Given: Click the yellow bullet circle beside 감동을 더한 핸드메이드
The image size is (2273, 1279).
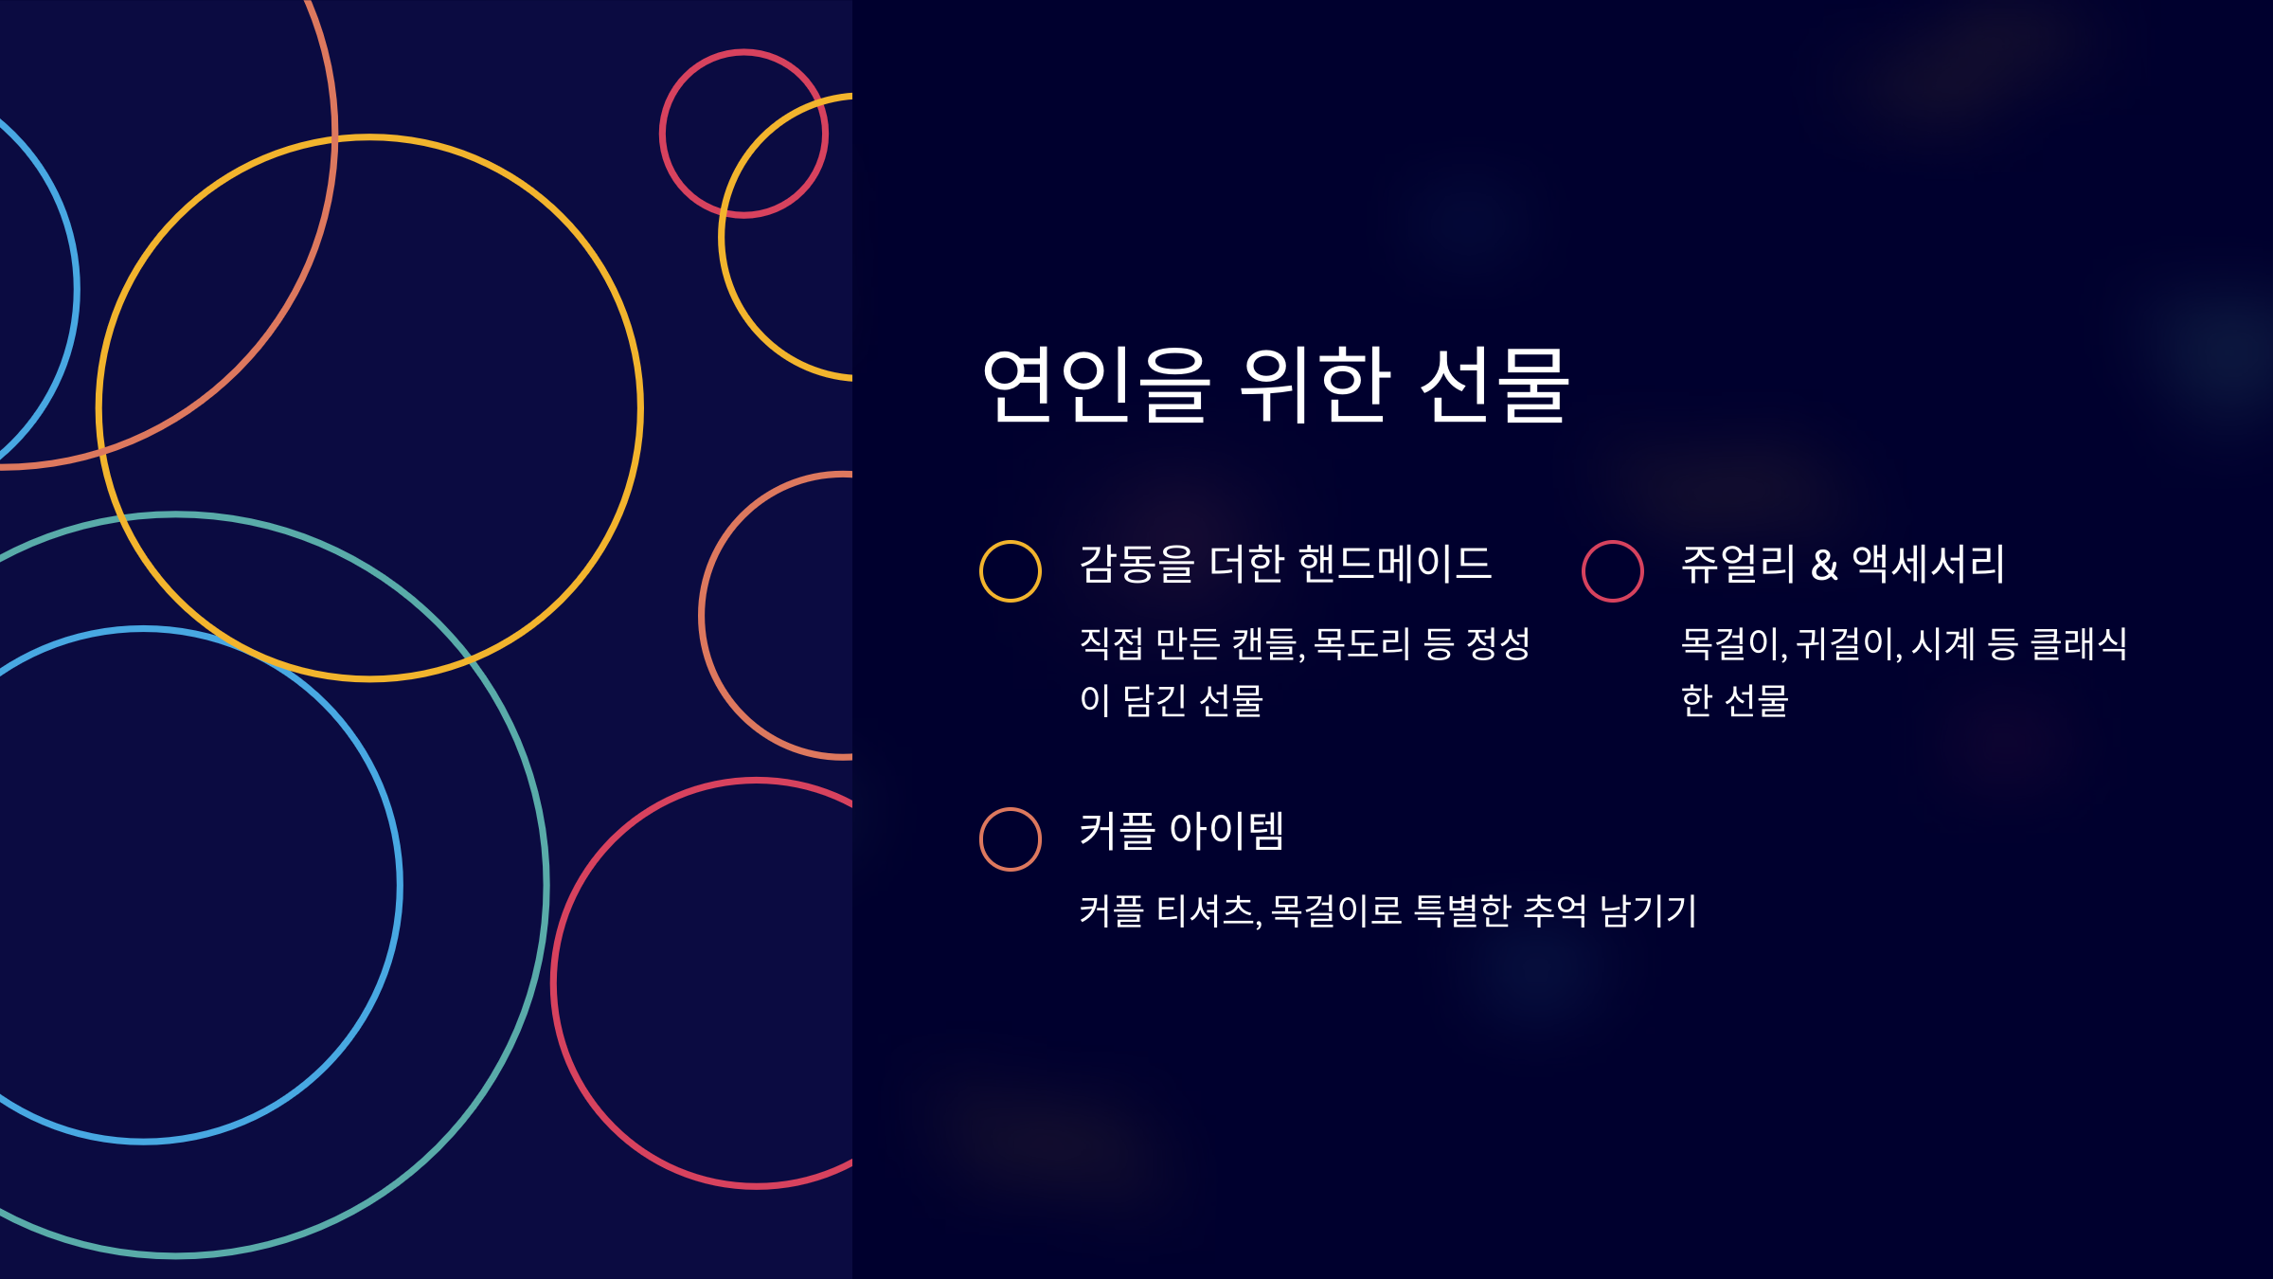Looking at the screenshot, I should [x=1011, y=571].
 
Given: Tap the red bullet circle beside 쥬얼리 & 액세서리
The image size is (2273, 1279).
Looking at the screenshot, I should [x=1612, y=571].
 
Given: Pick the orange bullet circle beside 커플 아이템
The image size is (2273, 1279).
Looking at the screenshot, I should [x=1011, y=838].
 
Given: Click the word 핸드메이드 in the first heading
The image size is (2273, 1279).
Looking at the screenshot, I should [x=1394, y=564].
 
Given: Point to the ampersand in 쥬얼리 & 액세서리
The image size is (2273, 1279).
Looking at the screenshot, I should [x=1824, y=566].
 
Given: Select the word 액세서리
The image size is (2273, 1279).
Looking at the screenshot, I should [x=1928, y=564].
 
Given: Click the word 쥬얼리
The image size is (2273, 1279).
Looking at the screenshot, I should [x=1738, y=564].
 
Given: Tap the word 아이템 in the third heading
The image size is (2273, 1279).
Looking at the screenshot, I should [x=1227, y=831].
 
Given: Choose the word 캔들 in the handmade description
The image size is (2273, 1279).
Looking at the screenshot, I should [x=1266, y=644].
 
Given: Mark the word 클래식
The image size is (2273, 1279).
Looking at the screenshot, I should [x=2080, y=644].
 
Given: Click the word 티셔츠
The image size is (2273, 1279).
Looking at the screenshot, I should [x=1208, y=911].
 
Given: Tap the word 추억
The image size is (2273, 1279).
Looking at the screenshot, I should [x=1555, y=911].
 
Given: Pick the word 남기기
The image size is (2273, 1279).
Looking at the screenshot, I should [x=1648, y=911].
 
